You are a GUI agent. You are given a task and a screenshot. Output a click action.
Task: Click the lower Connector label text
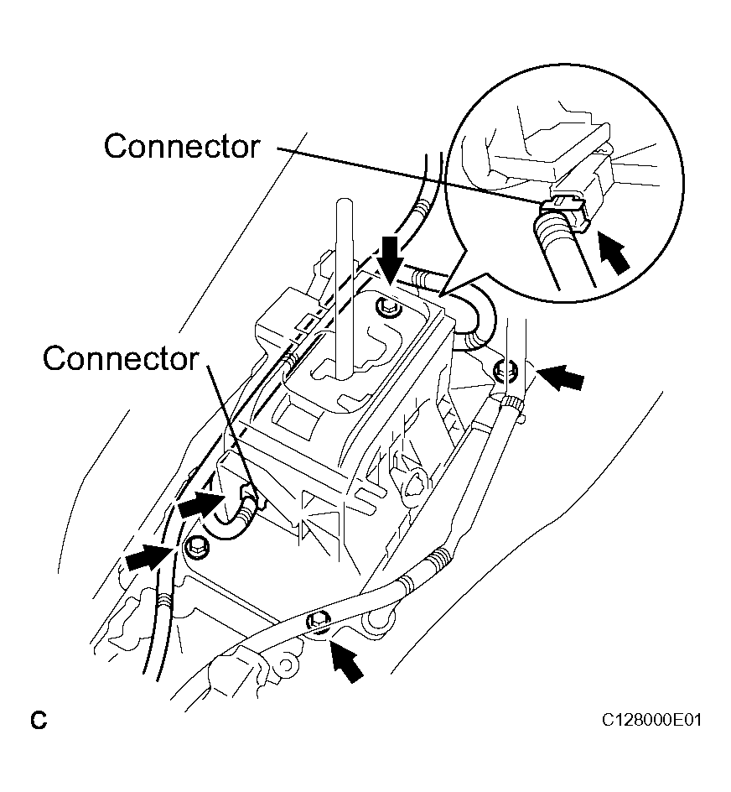[x=120, y=358]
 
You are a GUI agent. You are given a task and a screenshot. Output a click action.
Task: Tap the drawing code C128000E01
[x=651, y=721]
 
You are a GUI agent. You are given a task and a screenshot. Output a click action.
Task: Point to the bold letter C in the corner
[x=37, y=720]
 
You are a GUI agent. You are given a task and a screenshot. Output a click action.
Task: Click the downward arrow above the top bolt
[x=390, y=254]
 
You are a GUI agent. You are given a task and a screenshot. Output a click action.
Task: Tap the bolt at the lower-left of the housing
[x=196, y=544]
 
